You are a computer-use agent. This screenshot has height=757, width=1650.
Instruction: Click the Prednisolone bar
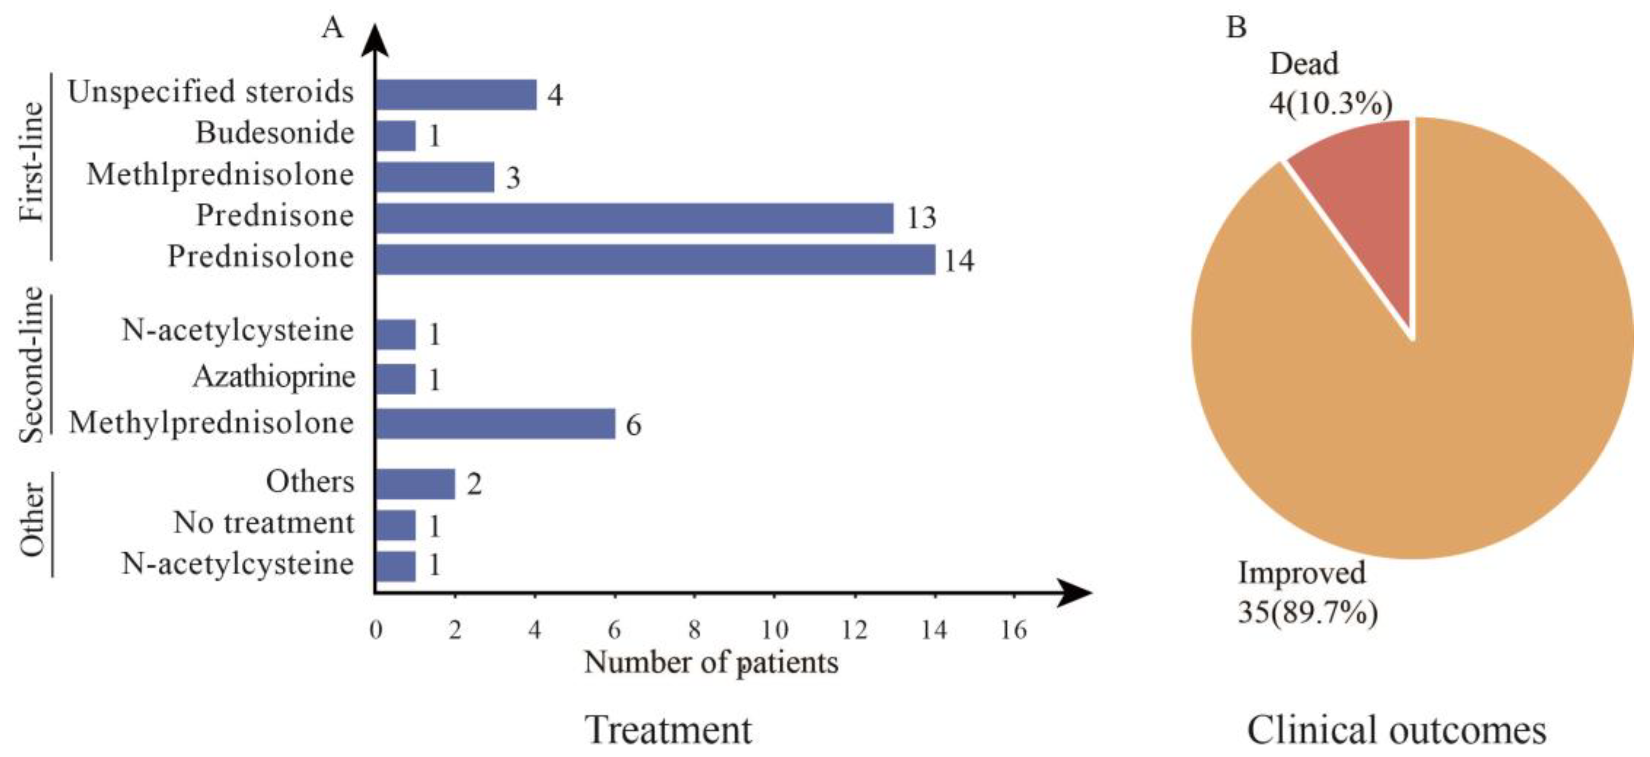pos(655,260)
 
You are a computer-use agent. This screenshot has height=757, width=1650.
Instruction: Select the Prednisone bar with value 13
pos(634,218)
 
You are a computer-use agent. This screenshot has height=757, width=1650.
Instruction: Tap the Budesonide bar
pos(395,136)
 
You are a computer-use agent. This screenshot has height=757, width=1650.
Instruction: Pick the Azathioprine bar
pos(395,379)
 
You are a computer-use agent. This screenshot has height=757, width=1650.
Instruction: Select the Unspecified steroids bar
pos(455,95)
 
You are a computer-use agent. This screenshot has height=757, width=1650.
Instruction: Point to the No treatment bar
pos(395,525)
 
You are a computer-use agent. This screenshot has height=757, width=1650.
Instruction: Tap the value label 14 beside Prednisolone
pos(959,261)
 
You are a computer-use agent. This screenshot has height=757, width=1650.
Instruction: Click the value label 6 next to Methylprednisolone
pos(633,425)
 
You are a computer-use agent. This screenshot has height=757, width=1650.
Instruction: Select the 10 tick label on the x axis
pos(774,630)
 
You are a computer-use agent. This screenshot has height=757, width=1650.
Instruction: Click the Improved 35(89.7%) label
pos(1307,593)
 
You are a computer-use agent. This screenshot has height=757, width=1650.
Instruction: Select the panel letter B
pos(1236,28)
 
